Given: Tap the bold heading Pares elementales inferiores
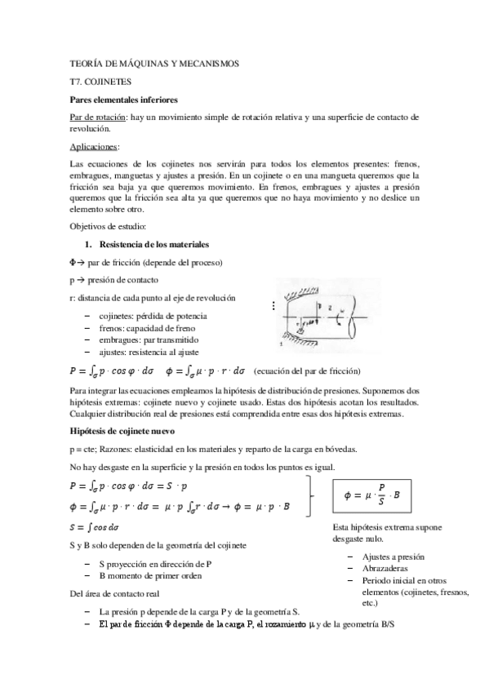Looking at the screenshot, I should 122,100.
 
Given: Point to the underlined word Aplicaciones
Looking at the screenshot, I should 94,146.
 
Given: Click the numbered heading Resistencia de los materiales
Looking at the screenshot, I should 152,244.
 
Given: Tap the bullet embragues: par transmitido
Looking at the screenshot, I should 136,339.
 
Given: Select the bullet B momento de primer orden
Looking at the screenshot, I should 156,575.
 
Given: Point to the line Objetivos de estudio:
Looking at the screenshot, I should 107,226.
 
